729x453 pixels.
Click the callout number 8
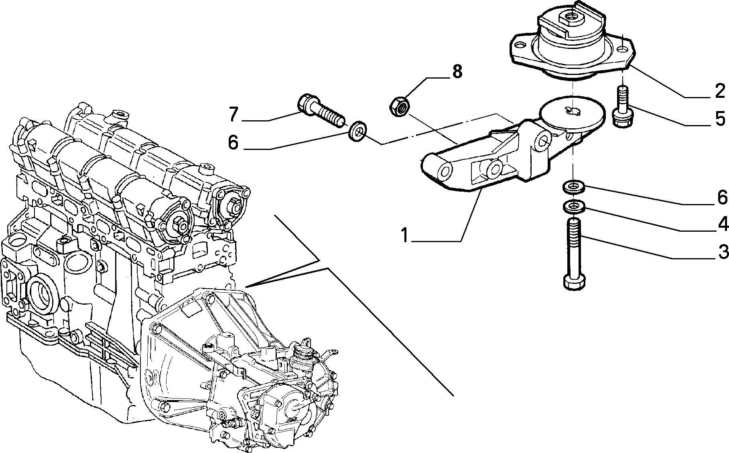(x=457, y=72)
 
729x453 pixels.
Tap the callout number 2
(x=720, y=91)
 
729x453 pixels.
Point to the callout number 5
(x=720, y=119)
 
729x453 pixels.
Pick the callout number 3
(x=723, y=252)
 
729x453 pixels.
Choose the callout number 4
(x=723, y=224)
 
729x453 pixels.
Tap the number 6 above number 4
(x=723, y=197)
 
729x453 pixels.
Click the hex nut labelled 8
(x=400, y=107)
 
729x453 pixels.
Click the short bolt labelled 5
(x=621, y=107)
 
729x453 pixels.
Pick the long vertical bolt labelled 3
(x=575, y=253)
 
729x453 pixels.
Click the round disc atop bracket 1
(x=572, y=112)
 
